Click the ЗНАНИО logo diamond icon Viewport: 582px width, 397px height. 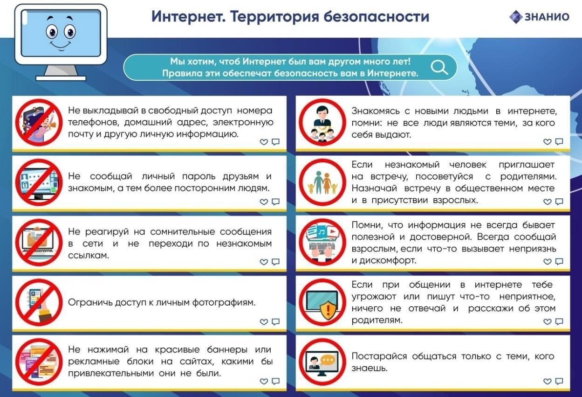pos(515,17)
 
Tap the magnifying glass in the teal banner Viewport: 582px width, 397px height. pos(439,67)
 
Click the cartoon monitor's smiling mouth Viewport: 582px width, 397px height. pos(60,46)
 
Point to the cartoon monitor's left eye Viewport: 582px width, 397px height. pos(52,32)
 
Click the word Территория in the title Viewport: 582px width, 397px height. pos(274,17)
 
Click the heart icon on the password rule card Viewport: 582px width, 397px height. pos(264,202)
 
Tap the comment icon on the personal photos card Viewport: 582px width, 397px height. pos(276,321)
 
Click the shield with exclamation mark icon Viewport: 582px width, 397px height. pos(329,310)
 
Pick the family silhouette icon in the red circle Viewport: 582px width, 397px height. pos(322,182)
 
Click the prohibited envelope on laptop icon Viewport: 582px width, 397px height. pos(39,243)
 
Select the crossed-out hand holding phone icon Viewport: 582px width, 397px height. pos(39,302)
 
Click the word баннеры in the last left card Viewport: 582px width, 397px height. pos(227,349)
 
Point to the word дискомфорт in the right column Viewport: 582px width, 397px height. pos(388,260)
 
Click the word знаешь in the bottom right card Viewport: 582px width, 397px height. pos(370,368)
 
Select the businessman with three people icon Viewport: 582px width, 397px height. pos(322,123)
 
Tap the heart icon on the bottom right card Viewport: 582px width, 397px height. pos(547,381)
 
